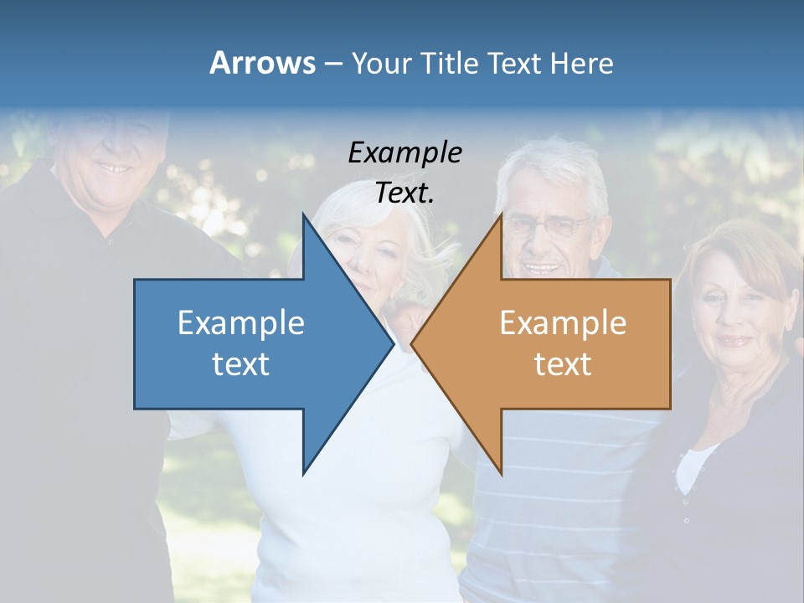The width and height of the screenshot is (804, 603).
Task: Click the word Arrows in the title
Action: point(262,63)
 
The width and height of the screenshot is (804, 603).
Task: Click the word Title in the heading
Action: point(448,64)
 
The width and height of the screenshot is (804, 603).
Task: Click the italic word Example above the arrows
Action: point(405,152)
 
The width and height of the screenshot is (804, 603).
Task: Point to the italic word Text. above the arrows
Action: point(405,193)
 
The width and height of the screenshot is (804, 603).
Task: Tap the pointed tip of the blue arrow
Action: point(390,343)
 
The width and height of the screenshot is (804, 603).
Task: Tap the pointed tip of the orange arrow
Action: point(414,343)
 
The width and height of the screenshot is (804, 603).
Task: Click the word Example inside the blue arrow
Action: point(240,322)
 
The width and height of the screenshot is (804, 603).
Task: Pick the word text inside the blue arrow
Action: point(240,363)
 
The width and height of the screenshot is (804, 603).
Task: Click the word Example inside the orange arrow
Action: point(563,322)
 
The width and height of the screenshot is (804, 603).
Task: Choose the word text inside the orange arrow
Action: point(563,363)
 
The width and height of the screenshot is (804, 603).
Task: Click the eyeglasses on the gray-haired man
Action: point(547,226)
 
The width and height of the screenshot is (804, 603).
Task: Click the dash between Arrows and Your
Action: point(332,64)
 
